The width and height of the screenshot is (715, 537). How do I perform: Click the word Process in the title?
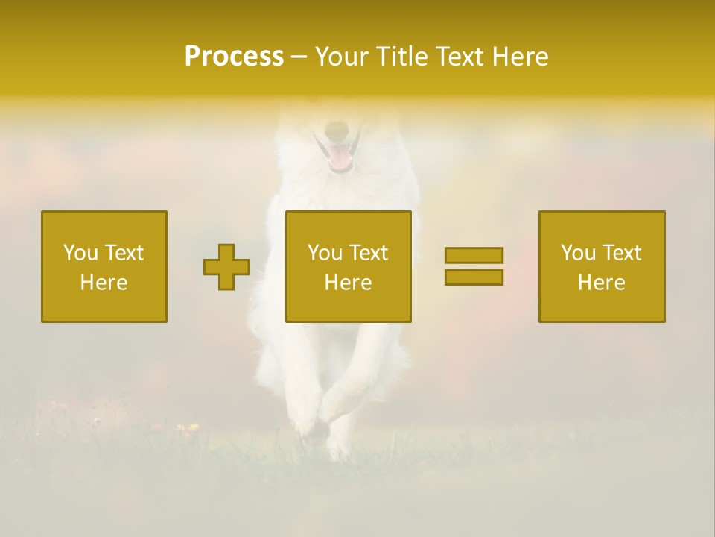point(234,57)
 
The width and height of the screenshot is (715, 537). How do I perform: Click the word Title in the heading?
point(398,57)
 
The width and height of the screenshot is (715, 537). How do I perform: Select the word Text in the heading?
point(459,57)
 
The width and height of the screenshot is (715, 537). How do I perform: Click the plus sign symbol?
point(226,267)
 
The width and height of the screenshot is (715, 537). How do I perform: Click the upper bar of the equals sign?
point(474,255)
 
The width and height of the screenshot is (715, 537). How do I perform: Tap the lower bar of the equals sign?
point(474,277)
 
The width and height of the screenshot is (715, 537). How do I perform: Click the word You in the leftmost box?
point(80,253)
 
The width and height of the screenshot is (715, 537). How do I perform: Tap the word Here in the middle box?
point(348,283)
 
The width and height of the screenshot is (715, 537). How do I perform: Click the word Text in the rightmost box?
point(622,253)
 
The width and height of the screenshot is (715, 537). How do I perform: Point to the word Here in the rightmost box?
point(602,283)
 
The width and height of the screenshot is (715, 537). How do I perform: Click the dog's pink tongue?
point(340,157)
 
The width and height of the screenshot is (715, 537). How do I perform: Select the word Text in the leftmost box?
point(124,253)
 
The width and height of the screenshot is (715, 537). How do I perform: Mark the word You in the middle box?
point(325,253)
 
